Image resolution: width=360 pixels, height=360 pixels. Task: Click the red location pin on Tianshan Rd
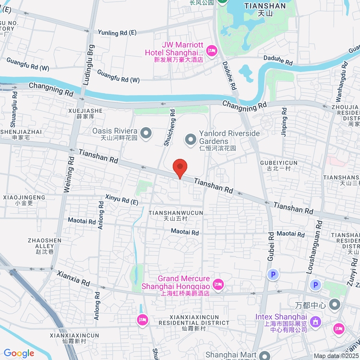180,167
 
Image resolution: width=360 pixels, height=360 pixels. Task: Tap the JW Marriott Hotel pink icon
212,50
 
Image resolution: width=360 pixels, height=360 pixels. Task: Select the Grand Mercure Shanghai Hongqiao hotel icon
218,285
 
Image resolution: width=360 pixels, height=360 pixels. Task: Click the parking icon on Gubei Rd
273,275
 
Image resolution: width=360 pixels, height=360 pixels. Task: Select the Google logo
19,353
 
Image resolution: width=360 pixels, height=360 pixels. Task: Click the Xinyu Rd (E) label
122,200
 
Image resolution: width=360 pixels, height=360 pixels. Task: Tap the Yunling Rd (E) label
117,33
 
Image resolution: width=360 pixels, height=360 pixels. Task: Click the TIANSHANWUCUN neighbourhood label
176,213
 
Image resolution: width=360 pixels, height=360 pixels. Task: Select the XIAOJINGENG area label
24,197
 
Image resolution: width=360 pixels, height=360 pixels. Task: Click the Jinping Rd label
285,125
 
